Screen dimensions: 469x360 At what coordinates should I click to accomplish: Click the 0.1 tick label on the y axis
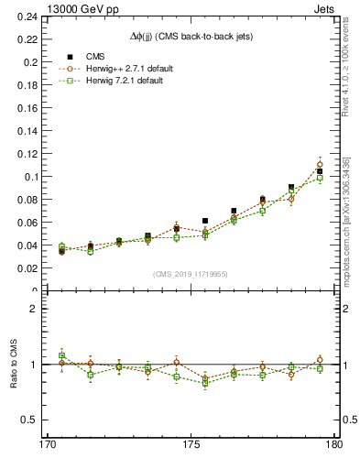pos(30,177)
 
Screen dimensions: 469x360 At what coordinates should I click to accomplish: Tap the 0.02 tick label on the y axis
pos(27,268)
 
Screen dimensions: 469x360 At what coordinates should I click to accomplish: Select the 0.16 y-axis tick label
pos(27,109)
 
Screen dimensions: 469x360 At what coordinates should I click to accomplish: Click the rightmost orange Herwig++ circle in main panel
pos(320,165)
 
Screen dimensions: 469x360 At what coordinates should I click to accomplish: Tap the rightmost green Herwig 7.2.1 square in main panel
pos(320,178)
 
